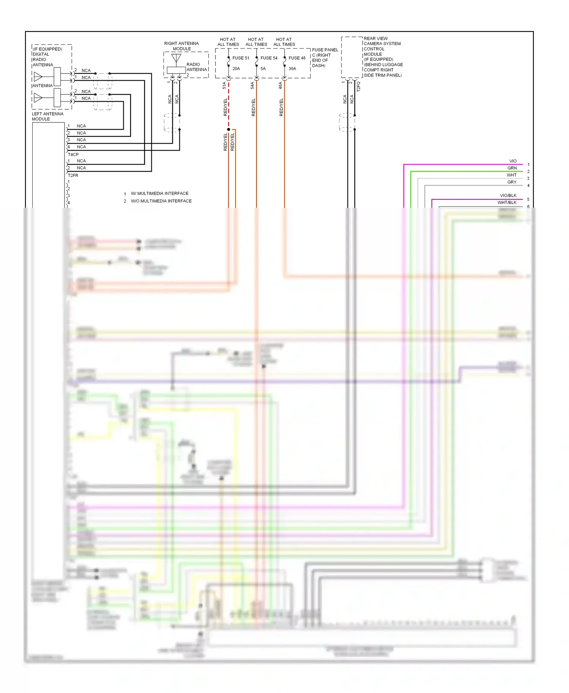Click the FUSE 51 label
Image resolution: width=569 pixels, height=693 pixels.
(x=240, y=58)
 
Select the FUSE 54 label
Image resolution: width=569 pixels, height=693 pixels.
(x=269, y=58)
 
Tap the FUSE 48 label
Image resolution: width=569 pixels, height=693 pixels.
(x=297, y=58)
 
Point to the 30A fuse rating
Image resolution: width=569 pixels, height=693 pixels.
(x=292, y=69)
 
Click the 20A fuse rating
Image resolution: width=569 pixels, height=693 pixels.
(x=236, y=69)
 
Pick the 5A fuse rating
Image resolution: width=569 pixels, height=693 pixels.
(x=263, y=69)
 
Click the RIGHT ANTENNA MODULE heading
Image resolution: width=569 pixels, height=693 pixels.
(x=181, y=46)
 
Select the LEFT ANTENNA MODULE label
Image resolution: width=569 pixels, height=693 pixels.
(x=47, y=116)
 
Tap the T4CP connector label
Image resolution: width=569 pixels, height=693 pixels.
(x=73, y=155)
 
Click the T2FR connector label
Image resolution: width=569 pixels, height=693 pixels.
(x=73, y=176)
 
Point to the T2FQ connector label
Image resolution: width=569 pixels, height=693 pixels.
(x=358, y=87)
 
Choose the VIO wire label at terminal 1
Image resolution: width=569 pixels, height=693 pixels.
(x=512, y=161)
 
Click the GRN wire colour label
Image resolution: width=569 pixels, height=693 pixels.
(x=512, y=168)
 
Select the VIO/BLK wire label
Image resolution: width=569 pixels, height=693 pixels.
(x=508, y=196)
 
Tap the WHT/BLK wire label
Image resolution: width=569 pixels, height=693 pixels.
(x=507, y=202)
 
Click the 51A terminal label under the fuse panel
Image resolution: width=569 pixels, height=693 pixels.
(x=224, y=85)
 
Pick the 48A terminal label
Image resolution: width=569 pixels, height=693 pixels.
(x=280, y=85)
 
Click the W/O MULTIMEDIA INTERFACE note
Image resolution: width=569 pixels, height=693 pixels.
(x=161, y=201)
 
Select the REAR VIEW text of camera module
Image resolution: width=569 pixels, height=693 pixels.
(x=376, y=38)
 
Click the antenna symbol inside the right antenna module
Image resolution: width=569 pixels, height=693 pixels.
(x=176, y=58)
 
